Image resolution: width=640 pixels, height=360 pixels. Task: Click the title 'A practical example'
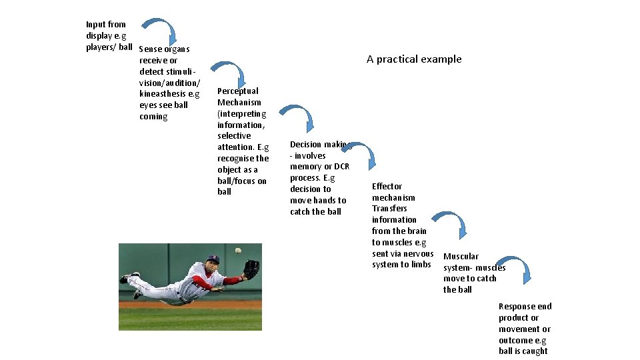(x=414, y=59)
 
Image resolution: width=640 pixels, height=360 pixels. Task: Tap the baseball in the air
(x=238, y=251)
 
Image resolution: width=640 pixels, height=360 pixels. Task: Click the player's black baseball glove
(x=251, y=269)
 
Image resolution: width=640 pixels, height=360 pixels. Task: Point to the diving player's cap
(x=213, y=259)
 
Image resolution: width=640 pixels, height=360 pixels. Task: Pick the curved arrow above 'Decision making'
(x=297, y=117)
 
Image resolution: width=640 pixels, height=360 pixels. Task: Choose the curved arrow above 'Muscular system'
(x=449, y=223)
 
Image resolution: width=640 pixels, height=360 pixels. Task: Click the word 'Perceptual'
(x=238, y=91)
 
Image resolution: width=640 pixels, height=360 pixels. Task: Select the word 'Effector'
(x=387, y=187)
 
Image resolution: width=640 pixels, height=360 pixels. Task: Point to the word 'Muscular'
(x=461, y=257)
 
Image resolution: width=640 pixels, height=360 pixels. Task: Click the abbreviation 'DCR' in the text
(x=341, y=167)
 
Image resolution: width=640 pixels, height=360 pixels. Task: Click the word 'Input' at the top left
(x=96, y=25)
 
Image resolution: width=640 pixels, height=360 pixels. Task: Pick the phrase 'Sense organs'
(x=165, y=49)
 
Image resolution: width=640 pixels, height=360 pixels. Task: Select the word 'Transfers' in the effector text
(x=389, y=209)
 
